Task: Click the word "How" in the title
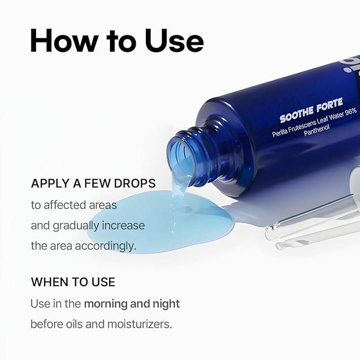coord(64,40)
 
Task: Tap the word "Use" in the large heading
coord(174,40)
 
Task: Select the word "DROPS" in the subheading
coord(135,183)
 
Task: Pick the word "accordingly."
coord(106,247)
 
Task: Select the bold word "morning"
coord(106,304)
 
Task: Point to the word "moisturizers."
coord(139,324)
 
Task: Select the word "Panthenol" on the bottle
coord(317,130)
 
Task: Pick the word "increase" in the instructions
coord(123,225)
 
